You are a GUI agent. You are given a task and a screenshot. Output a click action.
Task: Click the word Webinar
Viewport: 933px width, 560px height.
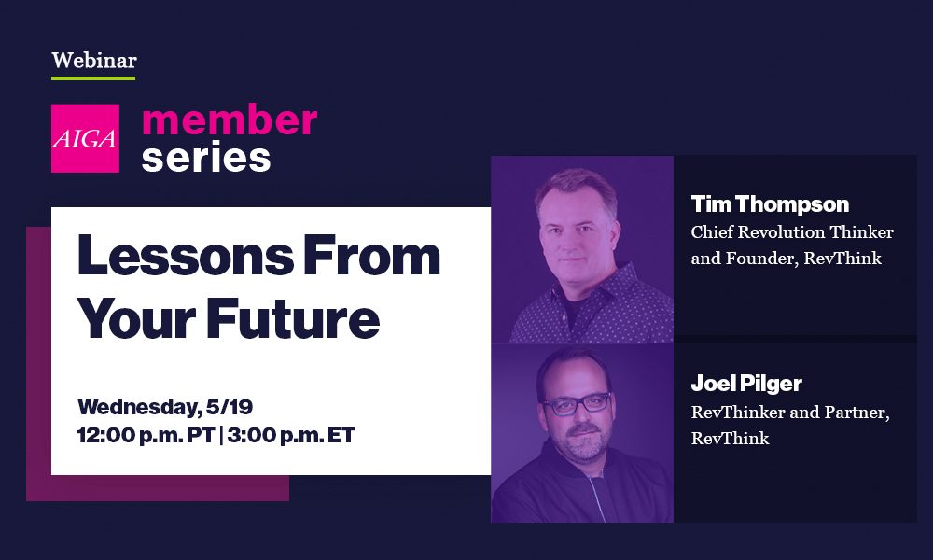coord(94,60)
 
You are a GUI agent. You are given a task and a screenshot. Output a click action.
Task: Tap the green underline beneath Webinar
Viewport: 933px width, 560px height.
coord(93,78)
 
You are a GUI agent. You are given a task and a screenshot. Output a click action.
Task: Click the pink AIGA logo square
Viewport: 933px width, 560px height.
coord(85,138)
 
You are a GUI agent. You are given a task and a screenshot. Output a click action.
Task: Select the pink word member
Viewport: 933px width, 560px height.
coord(230,119)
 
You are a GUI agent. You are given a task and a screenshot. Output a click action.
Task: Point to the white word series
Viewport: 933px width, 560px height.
coord(206,158)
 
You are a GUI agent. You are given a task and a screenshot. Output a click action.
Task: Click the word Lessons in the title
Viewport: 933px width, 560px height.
coord(185,256)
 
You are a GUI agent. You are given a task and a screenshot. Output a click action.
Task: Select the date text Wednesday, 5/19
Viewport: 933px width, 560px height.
coord(165,407)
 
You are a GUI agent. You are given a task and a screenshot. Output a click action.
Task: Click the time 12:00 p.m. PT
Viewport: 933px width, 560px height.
coord(146,435)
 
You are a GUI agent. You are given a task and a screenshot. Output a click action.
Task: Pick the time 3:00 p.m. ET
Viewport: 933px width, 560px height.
coord(291,435)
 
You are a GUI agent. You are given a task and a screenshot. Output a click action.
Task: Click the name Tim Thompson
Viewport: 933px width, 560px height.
coord(770,204)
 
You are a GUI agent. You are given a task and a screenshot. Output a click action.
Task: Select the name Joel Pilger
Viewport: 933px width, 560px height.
coord(746,384)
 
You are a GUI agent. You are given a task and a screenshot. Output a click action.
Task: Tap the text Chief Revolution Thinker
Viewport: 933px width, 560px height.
coord(792,231)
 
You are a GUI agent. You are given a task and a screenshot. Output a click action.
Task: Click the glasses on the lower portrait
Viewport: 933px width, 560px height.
coord(576,404)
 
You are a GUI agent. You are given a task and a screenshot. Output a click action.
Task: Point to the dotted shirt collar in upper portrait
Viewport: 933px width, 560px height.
coord(589,291)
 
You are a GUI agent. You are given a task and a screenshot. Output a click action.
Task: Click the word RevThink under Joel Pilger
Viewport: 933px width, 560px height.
coord(731,438)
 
